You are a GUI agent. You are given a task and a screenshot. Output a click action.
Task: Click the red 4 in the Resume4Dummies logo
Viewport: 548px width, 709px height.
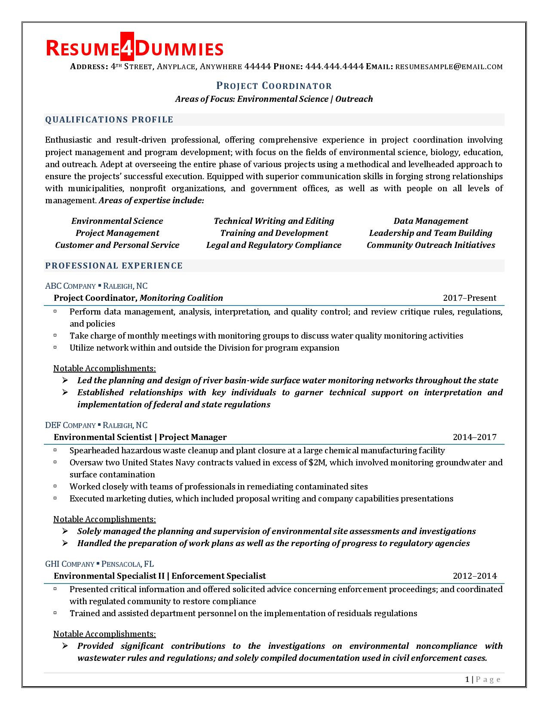127,48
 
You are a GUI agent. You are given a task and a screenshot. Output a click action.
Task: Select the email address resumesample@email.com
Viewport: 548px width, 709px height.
449,67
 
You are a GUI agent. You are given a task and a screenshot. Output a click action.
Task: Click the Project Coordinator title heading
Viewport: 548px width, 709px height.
274,86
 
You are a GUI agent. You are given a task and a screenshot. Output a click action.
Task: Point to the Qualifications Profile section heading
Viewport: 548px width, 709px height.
109,120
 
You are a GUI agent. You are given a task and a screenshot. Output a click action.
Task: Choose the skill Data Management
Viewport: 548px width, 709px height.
431,221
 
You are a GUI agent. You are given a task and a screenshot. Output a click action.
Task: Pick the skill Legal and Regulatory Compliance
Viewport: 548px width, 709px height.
274,245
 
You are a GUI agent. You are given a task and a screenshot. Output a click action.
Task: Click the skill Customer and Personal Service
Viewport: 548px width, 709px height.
117,245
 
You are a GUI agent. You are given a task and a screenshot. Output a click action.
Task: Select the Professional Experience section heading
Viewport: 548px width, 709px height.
114,266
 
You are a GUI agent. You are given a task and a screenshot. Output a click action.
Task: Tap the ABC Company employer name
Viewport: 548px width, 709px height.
70,286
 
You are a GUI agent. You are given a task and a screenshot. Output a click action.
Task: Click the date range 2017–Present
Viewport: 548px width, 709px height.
469,298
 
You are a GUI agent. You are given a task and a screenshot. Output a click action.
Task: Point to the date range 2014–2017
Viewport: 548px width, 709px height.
475,437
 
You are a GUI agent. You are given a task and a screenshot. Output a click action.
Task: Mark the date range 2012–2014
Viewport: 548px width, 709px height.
475,576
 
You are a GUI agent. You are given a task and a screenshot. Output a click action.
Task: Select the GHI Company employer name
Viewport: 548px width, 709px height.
70,564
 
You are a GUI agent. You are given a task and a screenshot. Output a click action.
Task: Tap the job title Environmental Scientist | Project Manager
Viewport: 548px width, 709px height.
140,437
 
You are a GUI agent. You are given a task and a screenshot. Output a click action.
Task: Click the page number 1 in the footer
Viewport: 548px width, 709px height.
467,679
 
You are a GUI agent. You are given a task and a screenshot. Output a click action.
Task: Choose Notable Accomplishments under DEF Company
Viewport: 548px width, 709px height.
104,520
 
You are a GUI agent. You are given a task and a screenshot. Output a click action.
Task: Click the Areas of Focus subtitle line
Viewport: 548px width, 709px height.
274,99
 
